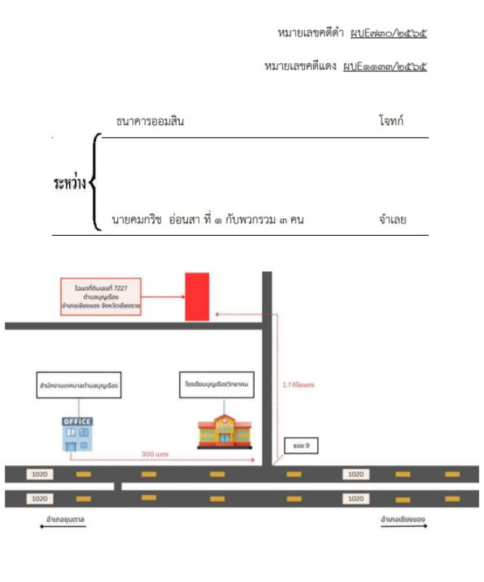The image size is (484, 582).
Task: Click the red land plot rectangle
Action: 197,296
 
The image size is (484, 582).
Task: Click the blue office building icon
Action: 76,435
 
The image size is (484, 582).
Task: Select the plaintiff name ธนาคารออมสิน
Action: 150,121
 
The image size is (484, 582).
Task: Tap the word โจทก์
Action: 392,121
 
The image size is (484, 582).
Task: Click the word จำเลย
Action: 392,220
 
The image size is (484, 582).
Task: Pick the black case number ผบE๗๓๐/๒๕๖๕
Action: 388,33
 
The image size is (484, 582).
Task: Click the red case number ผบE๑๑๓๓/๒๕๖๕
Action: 385,66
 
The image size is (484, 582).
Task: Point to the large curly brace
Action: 95,182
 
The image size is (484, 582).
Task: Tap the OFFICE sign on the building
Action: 76,421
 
